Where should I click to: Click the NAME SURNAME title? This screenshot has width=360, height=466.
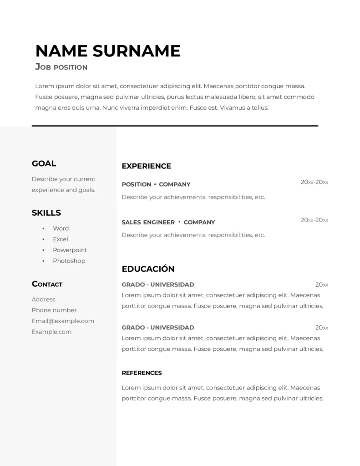[x=108, y=51]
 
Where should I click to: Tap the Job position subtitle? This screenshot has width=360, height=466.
[x=61, y=67]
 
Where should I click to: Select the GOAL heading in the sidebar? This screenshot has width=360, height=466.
[x=44, y=163]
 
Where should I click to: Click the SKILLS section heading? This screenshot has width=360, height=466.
[x=46, y=213]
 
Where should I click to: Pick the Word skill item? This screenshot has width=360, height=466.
[x=61, y=228]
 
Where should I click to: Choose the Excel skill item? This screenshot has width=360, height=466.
[x=60, y=239]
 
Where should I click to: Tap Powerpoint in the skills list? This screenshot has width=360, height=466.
[x=70, y=250]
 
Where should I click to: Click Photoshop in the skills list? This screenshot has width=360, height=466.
[x=69, y=261]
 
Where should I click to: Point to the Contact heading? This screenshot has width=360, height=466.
[x=47, y=284]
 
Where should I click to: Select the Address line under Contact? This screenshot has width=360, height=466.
[x=44, y=299]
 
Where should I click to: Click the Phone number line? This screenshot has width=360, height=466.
[x=54, y=310]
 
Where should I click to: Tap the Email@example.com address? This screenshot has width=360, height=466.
[x=63, y=321]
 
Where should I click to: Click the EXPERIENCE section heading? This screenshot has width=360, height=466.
[x=146, y=166]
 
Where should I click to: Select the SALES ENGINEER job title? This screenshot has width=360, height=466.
[x=148, y=223]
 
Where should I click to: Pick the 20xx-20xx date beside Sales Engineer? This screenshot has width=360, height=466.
[x=314, y=220]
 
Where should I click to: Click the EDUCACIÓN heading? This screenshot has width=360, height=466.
[x=148, y=269]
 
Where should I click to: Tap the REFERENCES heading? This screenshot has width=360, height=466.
[x=142, y=373]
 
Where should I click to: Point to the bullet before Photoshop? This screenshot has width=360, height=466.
[x=43, y=261]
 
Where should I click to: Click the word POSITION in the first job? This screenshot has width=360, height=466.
[x=136, y=184]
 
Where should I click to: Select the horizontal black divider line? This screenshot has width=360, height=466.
[x=175, y=126]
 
